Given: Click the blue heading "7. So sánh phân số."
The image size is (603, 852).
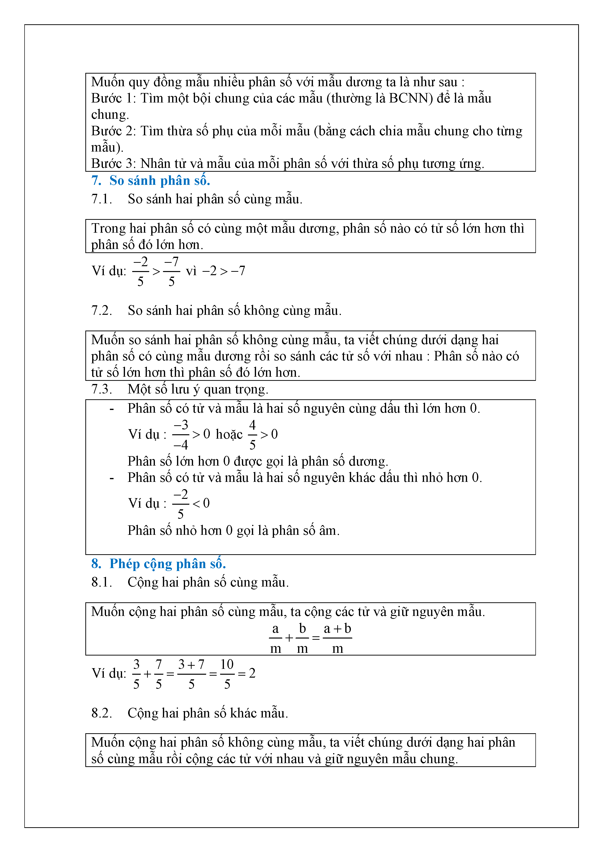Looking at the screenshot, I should (151, 181).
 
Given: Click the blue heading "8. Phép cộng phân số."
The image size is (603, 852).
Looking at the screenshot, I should (159, 564).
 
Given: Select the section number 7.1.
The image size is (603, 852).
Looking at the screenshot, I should (101, 199).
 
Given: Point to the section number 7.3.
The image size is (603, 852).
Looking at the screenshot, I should (101, 389).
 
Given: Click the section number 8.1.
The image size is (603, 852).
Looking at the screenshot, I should (101, 582).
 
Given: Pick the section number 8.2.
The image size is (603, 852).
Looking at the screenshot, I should (101, 713).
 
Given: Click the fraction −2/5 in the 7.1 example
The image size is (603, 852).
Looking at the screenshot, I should (141, 272).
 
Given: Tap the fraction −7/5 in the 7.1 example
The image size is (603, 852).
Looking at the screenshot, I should (171, 272).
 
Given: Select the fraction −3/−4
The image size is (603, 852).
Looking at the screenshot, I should (181, 435).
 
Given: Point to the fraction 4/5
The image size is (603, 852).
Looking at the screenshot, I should (252, 435).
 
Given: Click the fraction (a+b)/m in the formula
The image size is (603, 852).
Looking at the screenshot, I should (337, 638).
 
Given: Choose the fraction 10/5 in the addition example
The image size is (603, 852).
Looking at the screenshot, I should (227, 674).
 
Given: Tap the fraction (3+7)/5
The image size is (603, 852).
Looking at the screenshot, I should (191, 674).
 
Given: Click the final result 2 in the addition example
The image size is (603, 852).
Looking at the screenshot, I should (252, 673).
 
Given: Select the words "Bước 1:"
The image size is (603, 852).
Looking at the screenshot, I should (114, 98).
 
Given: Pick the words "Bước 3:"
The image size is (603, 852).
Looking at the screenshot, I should (114, 164).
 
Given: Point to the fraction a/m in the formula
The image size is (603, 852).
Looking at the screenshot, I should (275, 638).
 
